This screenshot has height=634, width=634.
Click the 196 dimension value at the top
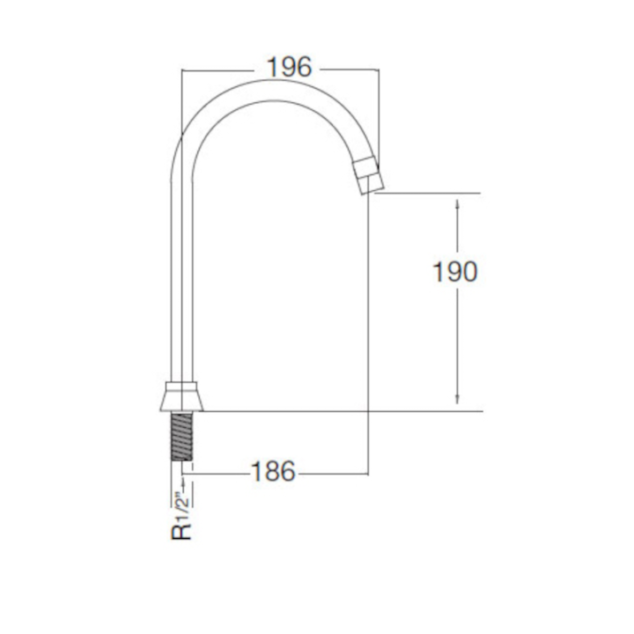[x=290, y=67]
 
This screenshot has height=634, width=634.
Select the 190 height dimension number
[x=455, y=271]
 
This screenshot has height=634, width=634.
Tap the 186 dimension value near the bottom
[x=273, y=471]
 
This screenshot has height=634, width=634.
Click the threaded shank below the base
[x=182, y=436]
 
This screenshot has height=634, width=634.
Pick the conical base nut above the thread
[x=182, y=396]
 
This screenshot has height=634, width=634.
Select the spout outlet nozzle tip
[x=368, y=177]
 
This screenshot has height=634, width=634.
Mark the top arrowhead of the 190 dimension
[x=457, y=203]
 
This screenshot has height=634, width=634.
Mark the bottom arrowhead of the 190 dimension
[x=457, y=400]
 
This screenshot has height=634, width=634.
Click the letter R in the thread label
[x=181, y=532]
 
